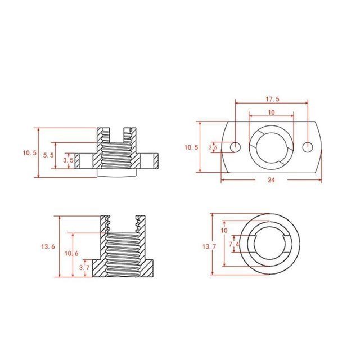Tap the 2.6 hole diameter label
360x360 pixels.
coord(213,147)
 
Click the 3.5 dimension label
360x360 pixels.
coord(68,160)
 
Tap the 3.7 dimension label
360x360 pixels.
coord(84,268)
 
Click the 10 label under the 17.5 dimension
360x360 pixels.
coord(271,112)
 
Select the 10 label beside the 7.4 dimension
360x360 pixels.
coord(224,231)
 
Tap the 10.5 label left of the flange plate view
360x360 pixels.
coord(192,147)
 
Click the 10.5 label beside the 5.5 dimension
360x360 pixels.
coord(30,152)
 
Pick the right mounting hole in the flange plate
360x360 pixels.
coord(308,147)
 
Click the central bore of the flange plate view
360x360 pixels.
coord(272,147)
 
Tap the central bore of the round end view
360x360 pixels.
coord(272,244)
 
